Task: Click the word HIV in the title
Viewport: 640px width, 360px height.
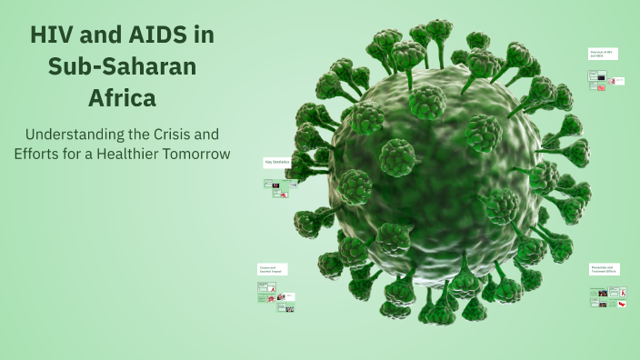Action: coord(53,35)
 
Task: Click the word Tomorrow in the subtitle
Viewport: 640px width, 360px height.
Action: coord(199,153)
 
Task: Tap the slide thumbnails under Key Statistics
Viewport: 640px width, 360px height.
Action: coord(278,187)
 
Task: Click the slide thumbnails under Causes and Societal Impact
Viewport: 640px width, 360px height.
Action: coord(275,297)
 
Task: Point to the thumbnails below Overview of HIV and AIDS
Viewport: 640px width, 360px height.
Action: coord(606,81)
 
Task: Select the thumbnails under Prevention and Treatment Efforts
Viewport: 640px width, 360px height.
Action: coord(608,296)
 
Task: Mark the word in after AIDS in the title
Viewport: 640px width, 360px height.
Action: coord(202,35)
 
